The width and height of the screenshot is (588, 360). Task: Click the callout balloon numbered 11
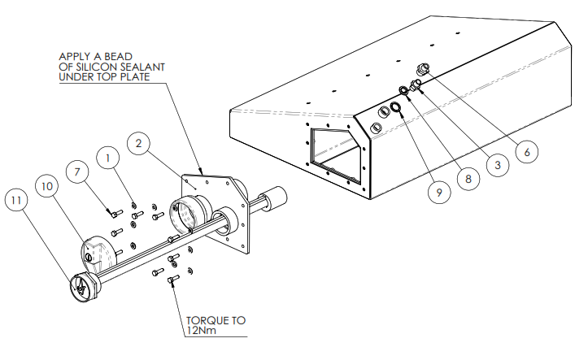pos(16,200)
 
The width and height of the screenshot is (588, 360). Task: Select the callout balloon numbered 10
pos(47,186)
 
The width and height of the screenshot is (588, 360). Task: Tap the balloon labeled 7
pos(77,172)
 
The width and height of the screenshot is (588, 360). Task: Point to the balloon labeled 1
pos(108,158)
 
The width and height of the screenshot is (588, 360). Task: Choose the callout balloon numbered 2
pos(139,143)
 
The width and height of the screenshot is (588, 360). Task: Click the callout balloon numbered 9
pos(439,193)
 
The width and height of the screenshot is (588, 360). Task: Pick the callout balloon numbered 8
pos(468,179)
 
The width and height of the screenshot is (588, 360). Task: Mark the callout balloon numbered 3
pos(498,165)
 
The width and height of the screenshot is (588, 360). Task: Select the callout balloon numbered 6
pos(527,152)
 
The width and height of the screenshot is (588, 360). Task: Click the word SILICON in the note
pos(94,67)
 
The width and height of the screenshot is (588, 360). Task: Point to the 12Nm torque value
pos(202,331)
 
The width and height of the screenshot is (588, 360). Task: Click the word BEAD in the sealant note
pos(118,57)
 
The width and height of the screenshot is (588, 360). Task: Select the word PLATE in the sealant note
pos(135,77)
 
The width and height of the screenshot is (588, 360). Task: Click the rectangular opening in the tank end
pos(336,155)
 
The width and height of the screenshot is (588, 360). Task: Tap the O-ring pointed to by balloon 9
pos(395,107)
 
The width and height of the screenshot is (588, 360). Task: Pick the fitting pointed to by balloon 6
pos(423,69)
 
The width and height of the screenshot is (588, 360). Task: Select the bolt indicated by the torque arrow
pos(173,279)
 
